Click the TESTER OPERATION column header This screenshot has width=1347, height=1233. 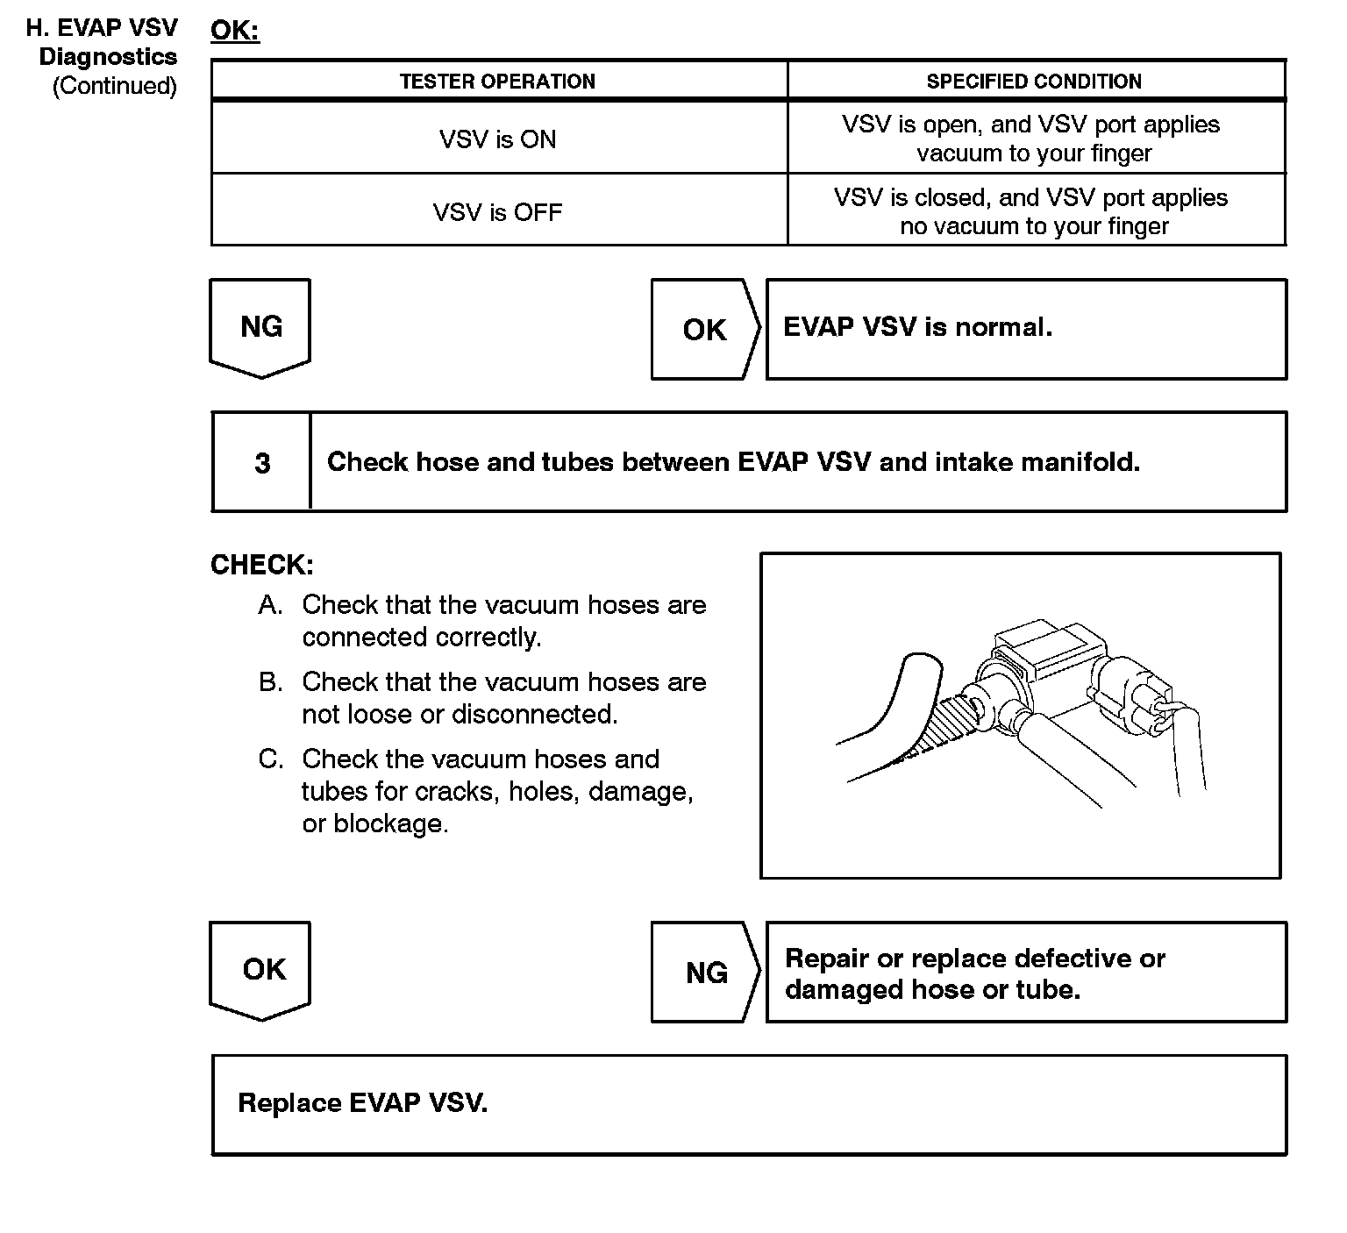click(497, 82)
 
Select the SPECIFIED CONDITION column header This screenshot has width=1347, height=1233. click(1034, 82)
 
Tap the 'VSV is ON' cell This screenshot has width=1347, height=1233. click(497, 139)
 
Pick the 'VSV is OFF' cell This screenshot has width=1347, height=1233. click(497, 212)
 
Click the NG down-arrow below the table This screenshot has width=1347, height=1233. click(260, 327)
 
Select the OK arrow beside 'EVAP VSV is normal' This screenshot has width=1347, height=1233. click(704, 330)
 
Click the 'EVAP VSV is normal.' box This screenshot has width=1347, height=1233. click(1026, 329)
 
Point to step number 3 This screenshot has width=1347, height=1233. click(262, 463)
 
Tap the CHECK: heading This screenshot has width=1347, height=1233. click(261, 565)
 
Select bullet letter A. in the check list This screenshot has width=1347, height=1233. click(270, 605)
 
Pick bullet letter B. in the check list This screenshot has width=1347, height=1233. click(270, 682)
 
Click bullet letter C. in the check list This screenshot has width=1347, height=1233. click(270, 759)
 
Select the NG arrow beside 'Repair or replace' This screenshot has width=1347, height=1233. click(706, 973)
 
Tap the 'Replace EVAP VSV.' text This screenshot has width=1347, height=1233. click(362, 1103)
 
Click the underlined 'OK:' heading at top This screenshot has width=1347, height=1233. click(235, 31)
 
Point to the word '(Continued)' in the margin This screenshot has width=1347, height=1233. click(115, 86)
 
